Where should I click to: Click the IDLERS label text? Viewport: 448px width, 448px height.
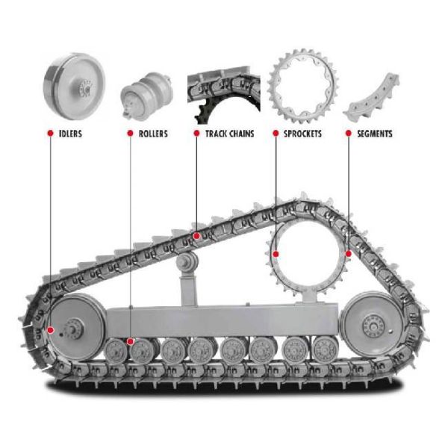point(70,134)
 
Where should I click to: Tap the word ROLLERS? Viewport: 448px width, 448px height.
point(152,134)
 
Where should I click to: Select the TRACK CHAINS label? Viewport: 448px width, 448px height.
point(229,134)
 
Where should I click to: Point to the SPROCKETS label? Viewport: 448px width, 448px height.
point(302,134)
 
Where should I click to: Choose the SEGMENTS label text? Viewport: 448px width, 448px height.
point(374,134)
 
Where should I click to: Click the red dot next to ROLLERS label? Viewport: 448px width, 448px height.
point(130,134)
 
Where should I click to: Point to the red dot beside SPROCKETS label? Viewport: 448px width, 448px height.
point(275,134)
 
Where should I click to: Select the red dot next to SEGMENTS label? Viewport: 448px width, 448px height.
point(348,134)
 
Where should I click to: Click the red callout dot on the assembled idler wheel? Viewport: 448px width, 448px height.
point(50,329)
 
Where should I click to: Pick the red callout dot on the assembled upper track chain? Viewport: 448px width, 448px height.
point(196,236)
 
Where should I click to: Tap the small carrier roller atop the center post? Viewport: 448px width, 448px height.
point(186,262)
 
